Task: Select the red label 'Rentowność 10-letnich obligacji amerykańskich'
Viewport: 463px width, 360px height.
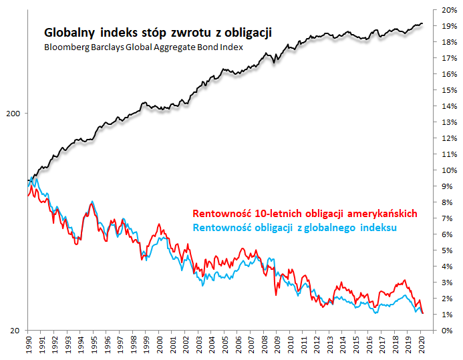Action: click(305, 214)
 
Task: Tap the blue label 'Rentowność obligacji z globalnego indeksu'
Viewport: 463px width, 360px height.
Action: click(295, 228)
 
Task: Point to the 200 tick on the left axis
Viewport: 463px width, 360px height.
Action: click(12, 114)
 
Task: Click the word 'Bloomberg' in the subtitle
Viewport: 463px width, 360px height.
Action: click(66, 48)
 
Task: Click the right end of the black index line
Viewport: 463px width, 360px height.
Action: click(422, 24)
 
